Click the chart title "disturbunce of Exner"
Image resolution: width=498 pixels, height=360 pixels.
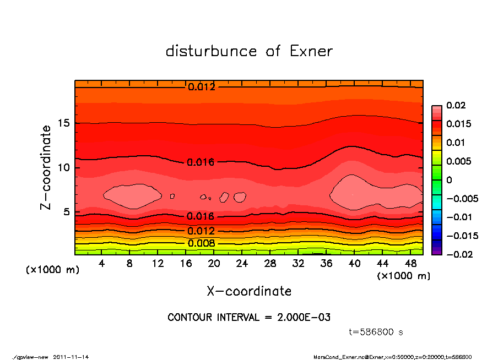coord(249,51)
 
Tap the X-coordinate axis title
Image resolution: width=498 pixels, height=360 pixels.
coord(249,291)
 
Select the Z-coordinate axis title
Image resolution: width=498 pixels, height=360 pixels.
coord(46,167)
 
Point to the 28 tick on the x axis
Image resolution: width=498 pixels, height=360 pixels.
coord(270,264)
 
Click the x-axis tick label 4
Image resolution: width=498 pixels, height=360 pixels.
coord(102,264)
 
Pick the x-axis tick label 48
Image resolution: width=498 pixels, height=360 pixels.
coord(411,264)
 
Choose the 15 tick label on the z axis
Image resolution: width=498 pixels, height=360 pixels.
coord(62,123)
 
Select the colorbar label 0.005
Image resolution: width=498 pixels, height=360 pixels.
coord(458,161)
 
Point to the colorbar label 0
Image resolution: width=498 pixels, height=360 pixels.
coord(449,180)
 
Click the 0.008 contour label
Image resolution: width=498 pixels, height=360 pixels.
coord(201,243)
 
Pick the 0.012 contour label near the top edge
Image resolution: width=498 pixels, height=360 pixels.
coord(201,87)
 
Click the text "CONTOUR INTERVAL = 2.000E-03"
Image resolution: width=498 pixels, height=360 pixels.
coord(249,318)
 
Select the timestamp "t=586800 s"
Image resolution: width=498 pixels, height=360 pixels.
coord(376,332)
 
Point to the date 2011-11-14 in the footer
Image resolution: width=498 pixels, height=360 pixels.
coord(71,357)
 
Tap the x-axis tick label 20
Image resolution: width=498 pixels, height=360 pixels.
coord(214,264)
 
